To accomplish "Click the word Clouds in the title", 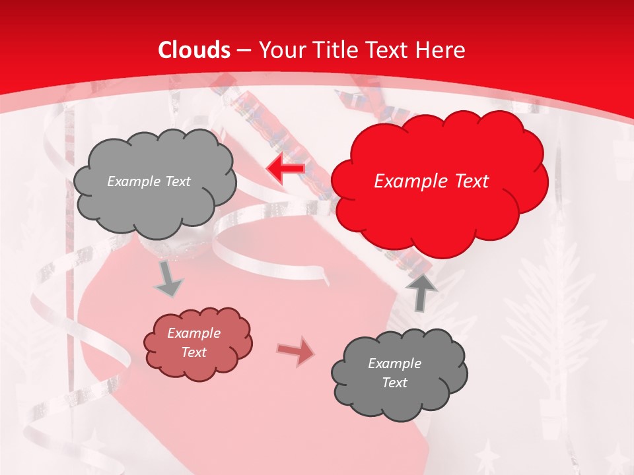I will [194, 50].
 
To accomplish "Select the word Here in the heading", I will [441, 50].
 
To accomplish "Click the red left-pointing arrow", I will [285, 169].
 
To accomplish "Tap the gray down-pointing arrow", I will [168, 278].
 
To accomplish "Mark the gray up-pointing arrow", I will [421, 291].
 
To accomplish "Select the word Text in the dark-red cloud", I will [194, 352].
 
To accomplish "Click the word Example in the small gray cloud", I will [394, 364].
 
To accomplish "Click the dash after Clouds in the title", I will [244, 50].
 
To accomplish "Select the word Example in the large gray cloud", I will [133, 181].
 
